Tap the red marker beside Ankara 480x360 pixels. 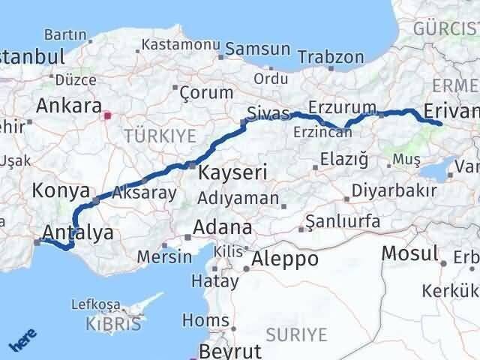point(108,116)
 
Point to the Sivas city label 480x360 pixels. point(268,112)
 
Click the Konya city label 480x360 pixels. point(61,191)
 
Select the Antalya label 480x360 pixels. point(79,232)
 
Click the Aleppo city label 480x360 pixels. point(285,259)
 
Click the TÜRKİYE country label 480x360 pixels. point(160,136)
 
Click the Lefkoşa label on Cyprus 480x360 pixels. point(96,304)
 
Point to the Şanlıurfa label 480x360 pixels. point(343,222)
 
